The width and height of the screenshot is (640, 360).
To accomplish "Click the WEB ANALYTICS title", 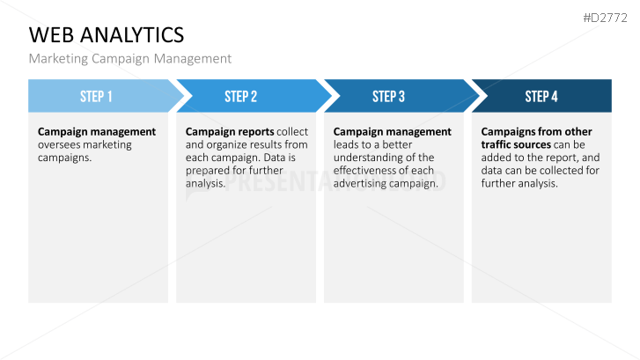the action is click(107, 34).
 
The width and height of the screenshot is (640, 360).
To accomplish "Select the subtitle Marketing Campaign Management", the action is click(129, 59).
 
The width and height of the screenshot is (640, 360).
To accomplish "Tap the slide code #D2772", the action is click(605, 18).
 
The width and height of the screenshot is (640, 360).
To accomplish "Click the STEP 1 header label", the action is click(96, 96).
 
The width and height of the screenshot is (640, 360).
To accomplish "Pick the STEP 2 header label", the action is click(241, 96).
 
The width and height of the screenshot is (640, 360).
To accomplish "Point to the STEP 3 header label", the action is click(388, 96).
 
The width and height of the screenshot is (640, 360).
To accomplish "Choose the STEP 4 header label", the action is click(541, 96).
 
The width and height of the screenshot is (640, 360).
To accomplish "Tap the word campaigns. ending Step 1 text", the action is click(64, 158).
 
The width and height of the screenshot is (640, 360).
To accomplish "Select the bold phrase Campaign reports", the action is click(230, 132).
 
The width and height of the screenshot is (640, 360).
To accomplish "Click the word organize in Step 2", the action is click(228, 145).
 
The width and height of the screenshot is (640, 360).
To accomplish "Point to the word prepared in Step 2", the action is click(206, 171).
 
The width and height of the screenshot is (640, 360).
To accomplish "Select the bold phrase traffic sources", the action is click(516, 145).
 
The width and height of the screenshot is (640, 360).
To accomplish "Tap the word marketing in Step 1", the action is click(107, 145).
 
